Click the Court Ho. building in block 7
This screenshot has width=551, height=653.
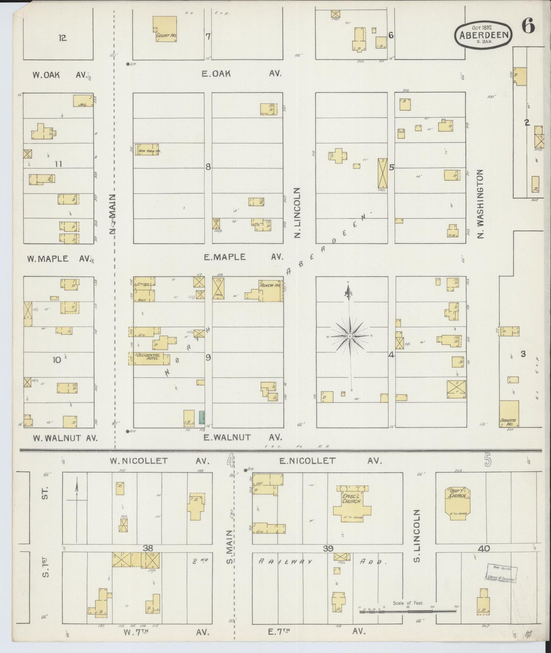tap(165, 29)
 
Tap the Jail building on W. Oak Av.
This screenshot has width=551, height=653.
tap(83, 100)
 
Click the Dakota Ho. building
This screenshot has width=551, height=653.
tap(509, 414)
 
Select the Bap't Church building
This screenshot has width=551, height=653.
tap(458, 503)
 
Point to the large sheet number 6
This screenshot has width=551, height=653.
tap(528, 27)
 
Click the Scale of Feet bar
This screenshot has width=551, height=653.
tap(408, 611)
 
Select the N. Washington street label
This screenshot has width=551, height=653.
tap(480, 204)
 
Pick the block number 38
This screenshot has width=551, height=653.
tap(148, 548)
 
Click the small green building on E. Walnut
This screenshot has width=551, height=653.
tap(201, 418)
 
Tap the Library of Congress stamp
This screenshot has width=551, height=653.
tap(501, 574)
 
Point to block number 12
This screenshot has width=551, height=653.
tap(63, 38)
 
